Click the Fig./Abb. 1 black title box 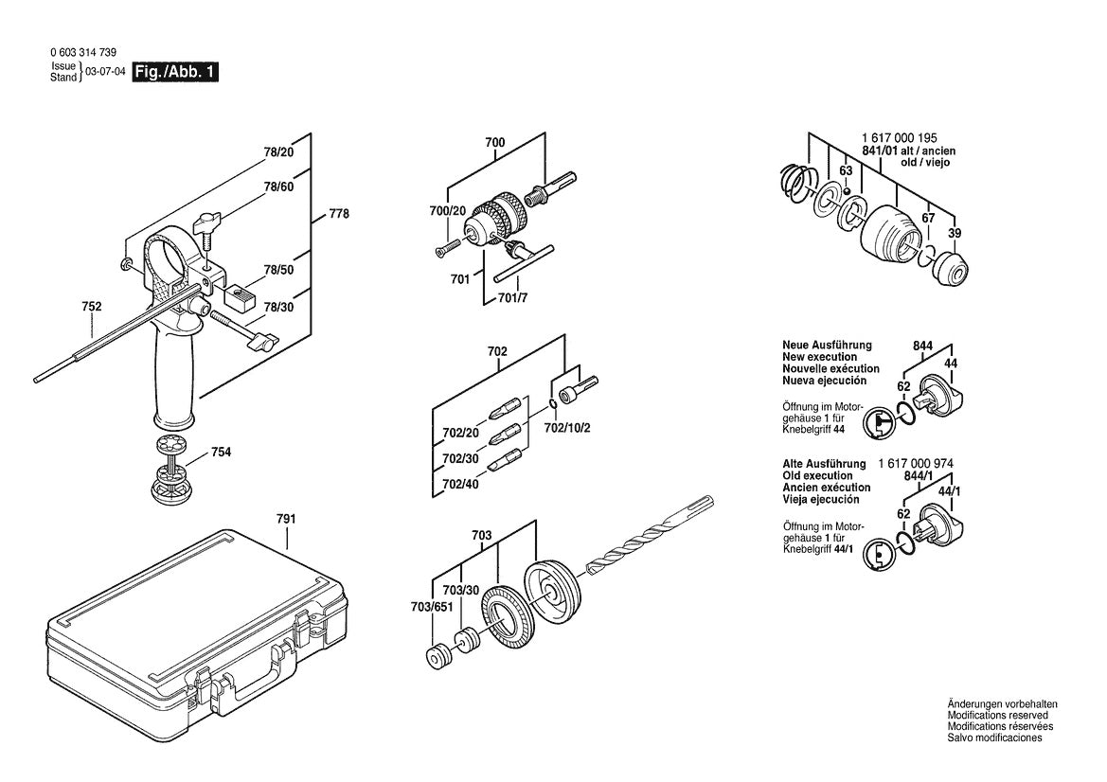tap(176, 72)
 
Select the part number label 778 tap(338, 214)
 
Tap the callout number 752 tap(92, 307)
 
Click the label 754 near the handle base tap(221, 453)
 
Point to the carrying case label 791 tap(286, 519)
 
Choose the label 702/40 tap(461, 484)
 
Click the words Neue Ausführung tap(827, 346)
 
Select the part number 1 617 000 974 tap(916, 463)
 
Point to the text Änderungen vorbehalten tap(1002, 704)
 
